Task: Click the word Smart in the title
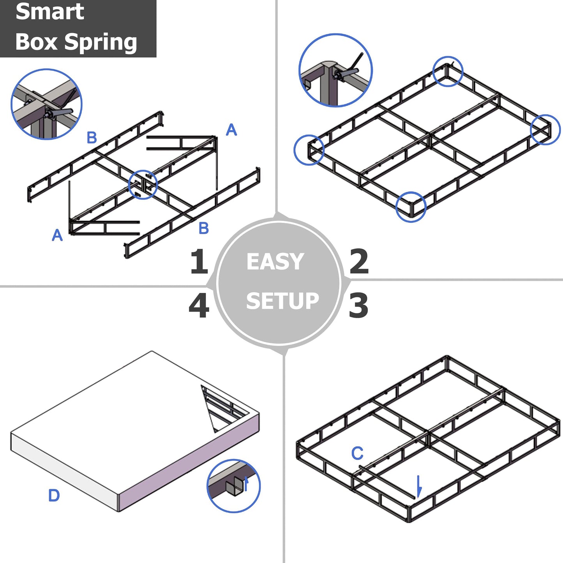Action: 49,11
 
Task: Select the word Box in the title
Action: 37,42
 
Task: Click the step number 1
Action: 199,261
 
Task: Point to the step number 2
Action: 359,261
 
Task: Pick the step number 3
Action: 358,305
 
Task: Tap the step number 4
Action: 199,306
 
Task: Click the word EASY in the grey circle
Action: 275,261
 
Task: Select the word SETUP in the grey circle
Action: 282,301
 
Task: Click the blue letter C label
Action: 357,454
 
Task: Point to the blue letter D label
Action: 54,496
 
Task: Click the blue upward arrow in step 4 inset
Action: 246,483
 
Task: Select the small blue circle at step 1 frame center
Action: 143,185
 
